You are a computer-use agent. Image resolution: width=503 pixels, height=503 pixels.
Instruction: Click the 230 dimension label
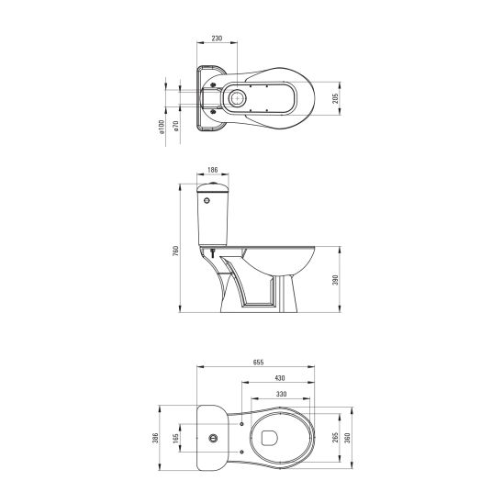tap(217, 39)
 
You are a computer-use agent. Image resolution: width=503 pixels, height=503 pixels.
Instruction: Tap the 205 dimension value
tap(335, 98)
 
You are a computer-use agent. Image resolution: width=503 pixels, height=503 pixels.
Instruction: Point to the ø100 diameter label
tap(162, 127)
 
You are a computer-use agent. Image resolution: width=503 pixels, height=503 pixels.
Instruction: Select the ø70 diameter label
tap(175, 126)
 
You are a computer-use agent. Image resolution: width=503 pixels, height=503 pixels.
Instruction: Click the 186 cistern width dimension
tap(212, 170)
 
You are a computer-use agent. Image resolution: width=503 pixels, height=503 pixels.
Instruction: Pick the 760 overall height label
tap(175, 251)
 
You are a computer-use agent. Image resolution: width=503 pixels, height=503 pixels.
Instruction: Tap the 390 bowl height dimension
tap(335, 280)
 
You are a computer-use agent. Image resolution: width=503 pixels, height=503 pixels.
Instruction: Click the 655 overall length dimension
tap(258, 363)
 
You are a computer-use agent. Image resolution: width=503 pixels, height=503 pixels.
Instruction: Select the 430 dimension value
tap(280, 378)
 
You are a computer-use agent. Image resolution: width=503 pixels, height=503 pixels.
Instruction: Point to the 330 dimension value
tap(281, 394)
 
